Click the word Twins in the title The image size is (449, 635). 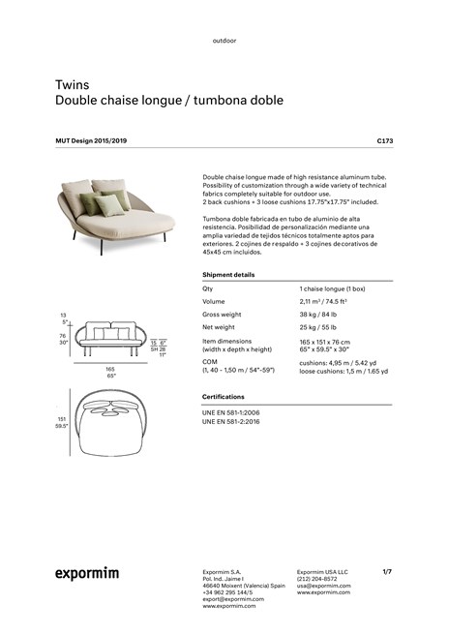(71, 85)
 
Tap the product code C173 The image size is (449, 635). (384, 141)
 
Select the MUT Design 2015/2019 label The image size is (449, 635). (91, 141)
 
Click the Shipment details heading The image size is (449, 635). (228, 275)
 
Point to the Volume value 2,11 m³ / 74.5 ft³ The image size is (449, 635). (323, 302)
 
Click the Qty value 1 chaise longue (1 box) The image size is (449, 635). (332, 289)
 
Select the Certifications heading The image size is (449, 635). (223, 397)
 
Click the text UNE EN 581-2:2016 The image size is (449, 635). (230, 422)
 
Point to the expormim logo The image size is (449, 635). (86, 574)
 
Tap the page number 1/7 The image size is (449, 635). (387, 571)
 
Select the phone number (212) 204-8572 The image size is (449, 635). (317, 579)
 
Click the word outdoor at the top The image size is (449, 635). (224, 41)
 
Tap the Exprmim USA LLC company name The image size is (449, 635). (322, 571)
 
